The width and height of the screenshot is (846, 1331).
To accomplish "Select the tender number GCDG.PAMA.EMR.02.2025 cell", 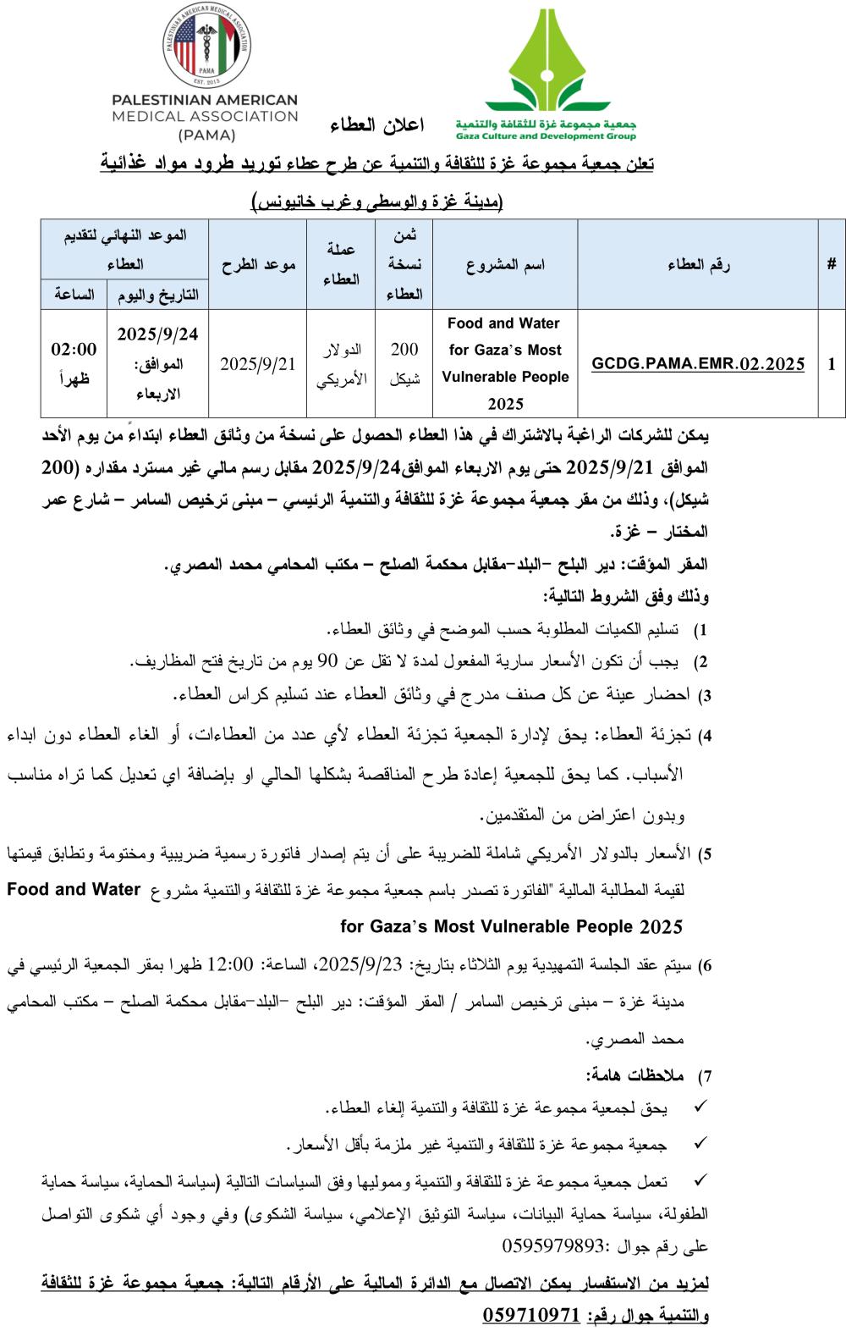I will click(699, 364).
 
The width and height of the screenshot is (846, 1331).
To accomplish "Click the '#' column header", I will click(832, 264).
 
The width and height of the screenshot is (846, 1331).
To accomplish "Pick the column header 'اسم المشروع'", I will click(505, 265).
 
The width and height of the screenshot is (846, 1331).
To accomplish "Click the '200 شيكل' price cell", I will click(404, 364).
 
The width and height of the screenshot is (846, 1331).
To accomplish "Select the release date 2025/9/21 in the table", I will click(258, 364).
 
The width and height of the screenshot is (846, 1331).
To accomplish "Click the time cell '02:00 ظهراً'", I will click(74, 364).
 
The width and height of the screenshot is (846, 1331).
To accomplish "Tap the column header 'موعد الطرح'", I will click(258, 265).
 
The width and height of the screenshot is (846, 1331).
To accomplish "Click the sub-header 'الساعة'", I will click(74, 295).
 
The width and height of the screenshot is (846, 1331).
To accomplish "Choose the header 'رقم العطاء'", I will click(699, 265).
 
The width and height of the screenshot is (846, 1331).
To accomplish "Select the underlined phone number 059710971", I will click(531, 1315).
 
